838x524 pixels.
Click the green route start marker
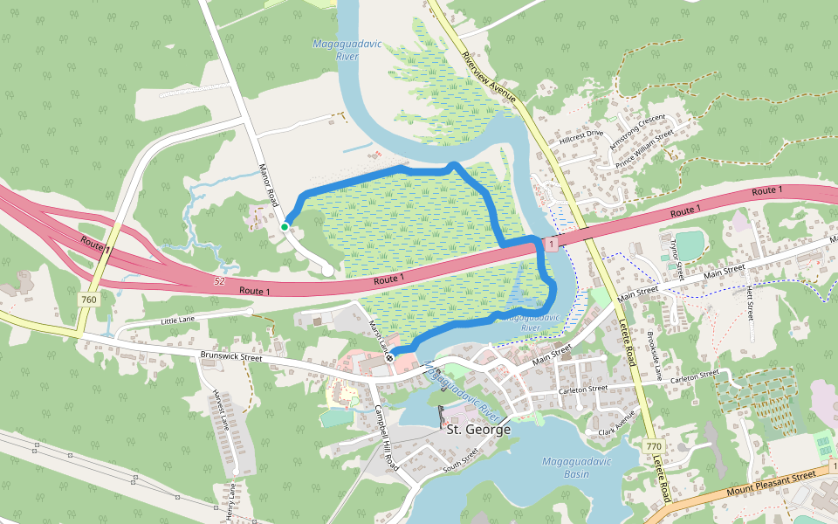coord(285,227)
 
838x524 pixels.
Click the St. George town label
coord(478,430)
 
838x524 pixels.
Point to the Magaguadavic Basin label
coord(576,467)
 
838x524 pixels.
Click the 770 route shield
coord(654,446)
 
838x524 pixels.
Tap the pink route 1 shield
coord(550,245)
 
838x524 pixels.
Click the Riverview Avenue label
coord(490,77)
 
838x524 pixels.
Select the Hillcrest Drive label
coord(581,137)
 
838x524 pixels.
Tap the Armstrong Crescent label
coord(636,129)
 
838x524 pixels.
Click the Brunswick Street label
coord(231,356)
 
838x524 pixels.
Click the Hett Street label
coord(748,301)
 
